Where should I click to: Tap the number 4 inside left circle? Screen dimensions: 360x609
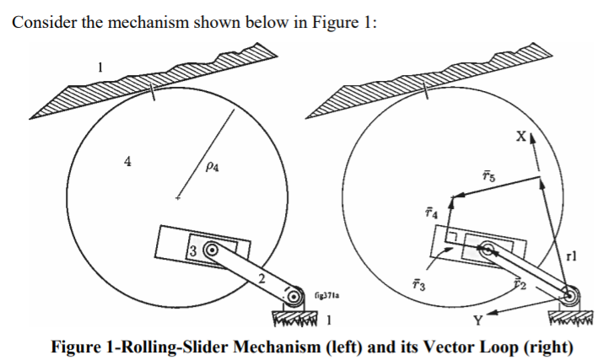click(x=127, y=163)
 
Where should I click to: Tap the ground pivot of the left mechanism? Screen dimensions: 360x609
click(x=294, y=298)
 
